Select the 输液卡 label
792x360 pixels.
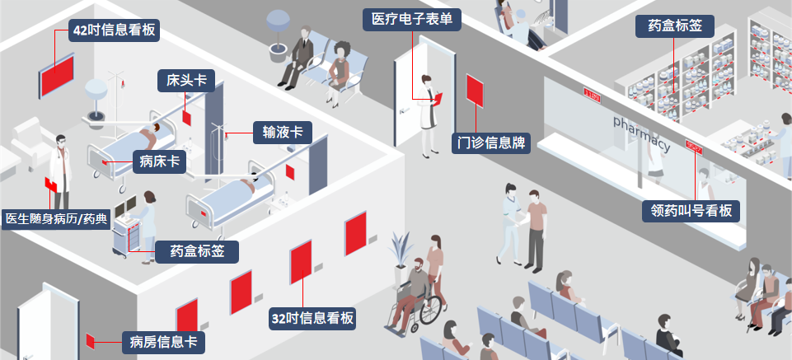[x=282, y=132]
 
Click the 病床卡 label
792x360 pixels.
[x=159, y=161]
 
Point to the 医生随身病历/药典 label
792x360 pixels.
[x=56, y=218]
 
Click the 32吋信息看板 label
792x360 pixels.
[x=313, y=318]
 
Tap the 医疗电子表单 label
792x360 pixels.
[x=411, y=19]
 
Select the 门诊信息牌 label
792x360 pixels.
[x=492, y=143]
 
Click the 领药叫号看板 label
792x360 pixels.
[x=691, y=211]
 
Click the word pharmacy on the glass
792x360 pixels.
[x=641, y=133]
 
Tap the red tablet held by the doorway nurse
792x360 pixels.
[x=438, y=98]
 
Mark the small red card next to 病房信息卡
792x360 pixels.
[x=91, y=339]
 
